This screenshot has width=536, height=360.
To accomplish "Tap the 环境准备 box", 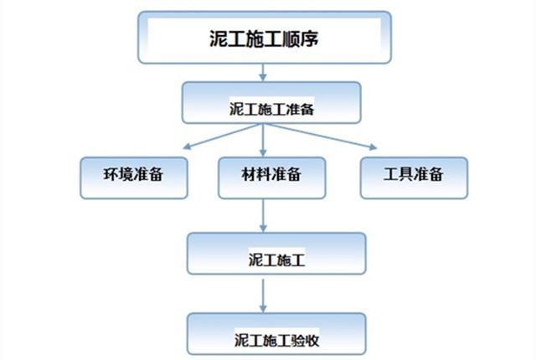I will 134,176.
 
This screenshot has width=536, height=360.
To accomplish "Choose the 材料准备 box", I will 271,176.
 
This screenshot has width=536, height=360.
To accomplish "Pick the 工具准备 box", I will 413,176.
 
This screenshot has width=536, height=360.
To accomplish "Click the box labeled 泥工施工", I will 276,253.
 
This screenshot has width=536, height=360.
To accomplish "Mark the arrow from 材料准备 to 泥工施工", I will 264,216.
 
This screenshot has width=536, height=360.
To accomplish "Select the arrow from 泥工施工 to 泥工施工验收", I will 264,294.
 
